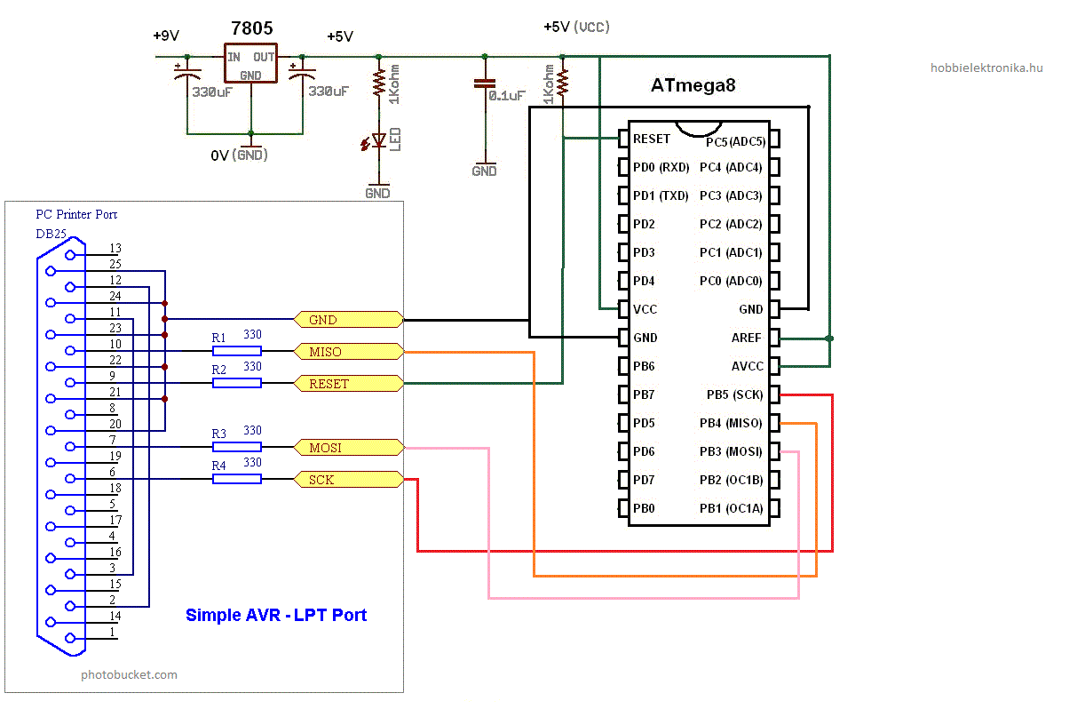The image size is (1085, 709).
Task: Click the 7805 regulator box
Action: pyautogui.click(x=250, y=63)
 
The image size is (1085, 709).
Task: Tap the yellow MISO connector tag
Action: pyautogui.click(x=349, y=351)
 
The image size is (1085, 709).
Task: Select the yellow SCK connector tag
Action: pyautogui.click(x=349, y=479)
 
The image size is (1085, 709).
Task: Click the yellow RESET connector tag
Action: pyautogui.click(x=349, y=383)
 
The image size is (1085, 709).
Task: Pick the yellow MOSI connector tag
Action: pyautogui.click(x=349, y=447)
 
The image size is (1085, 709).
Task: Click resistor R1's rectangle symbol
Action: pyautogui.click(x=237, y=351)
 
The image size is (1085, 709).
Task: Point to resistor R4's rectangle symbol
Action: pyautogui.click(x=237, y=479)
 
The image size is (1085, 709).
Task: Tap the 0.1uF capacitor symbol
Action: pyautogui.click(x=485, y=84)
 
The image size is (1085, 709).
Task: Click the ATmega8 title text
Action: pyautogui.click(x=693, y=85)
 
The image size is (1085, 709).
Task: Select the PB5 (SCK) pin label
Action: pyautogui.click(x=734, y=394)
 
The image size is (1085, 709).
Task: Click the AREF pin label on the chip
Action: pyautogui.click(x=747, y=338)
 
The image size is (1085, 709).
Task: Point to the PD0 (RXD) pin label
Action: pyautogui.click(x=661, y=167)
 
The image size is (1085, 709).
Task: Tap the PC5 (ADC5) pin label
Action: pyautogui.click(x=735, y=141)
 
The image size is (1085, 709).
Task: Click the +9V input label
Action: pyautogui.click(x=166, y=36)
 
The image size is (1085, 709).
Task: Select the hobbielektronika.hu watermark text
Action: pyautogui.click(x=986, y=68)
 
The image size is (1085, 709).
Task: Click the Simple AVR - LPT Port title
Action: pyautogui.click(x=276, y=615)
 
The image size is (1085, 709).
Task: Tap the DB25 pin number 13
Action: pyautogui.click(x=115, y=248)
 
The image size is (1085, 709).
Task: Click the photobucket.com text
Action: pyautogui.click(x=129, y=674)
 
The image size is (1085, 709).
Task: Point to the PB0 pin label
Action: pyautogui.click(x=644, y=508)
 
